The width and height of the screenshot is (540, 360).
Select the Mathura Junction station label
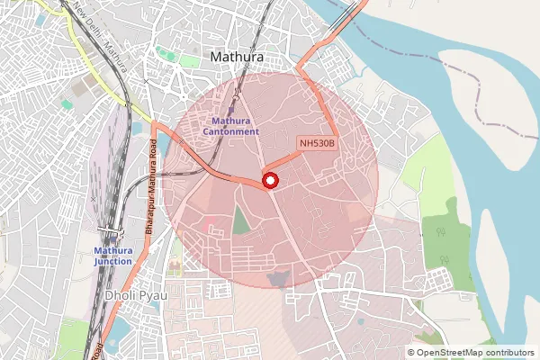click(113, 256)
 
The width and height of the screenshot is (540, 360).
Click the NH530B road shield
click(317, 142)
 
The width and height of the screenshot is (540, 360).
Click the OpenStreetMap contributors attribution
click(470, 353)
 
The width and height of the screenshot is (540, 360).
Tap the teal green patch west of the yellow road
click(67, 104)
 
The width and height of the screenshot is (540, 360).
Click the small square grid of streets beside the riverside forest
click(440, 279)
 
